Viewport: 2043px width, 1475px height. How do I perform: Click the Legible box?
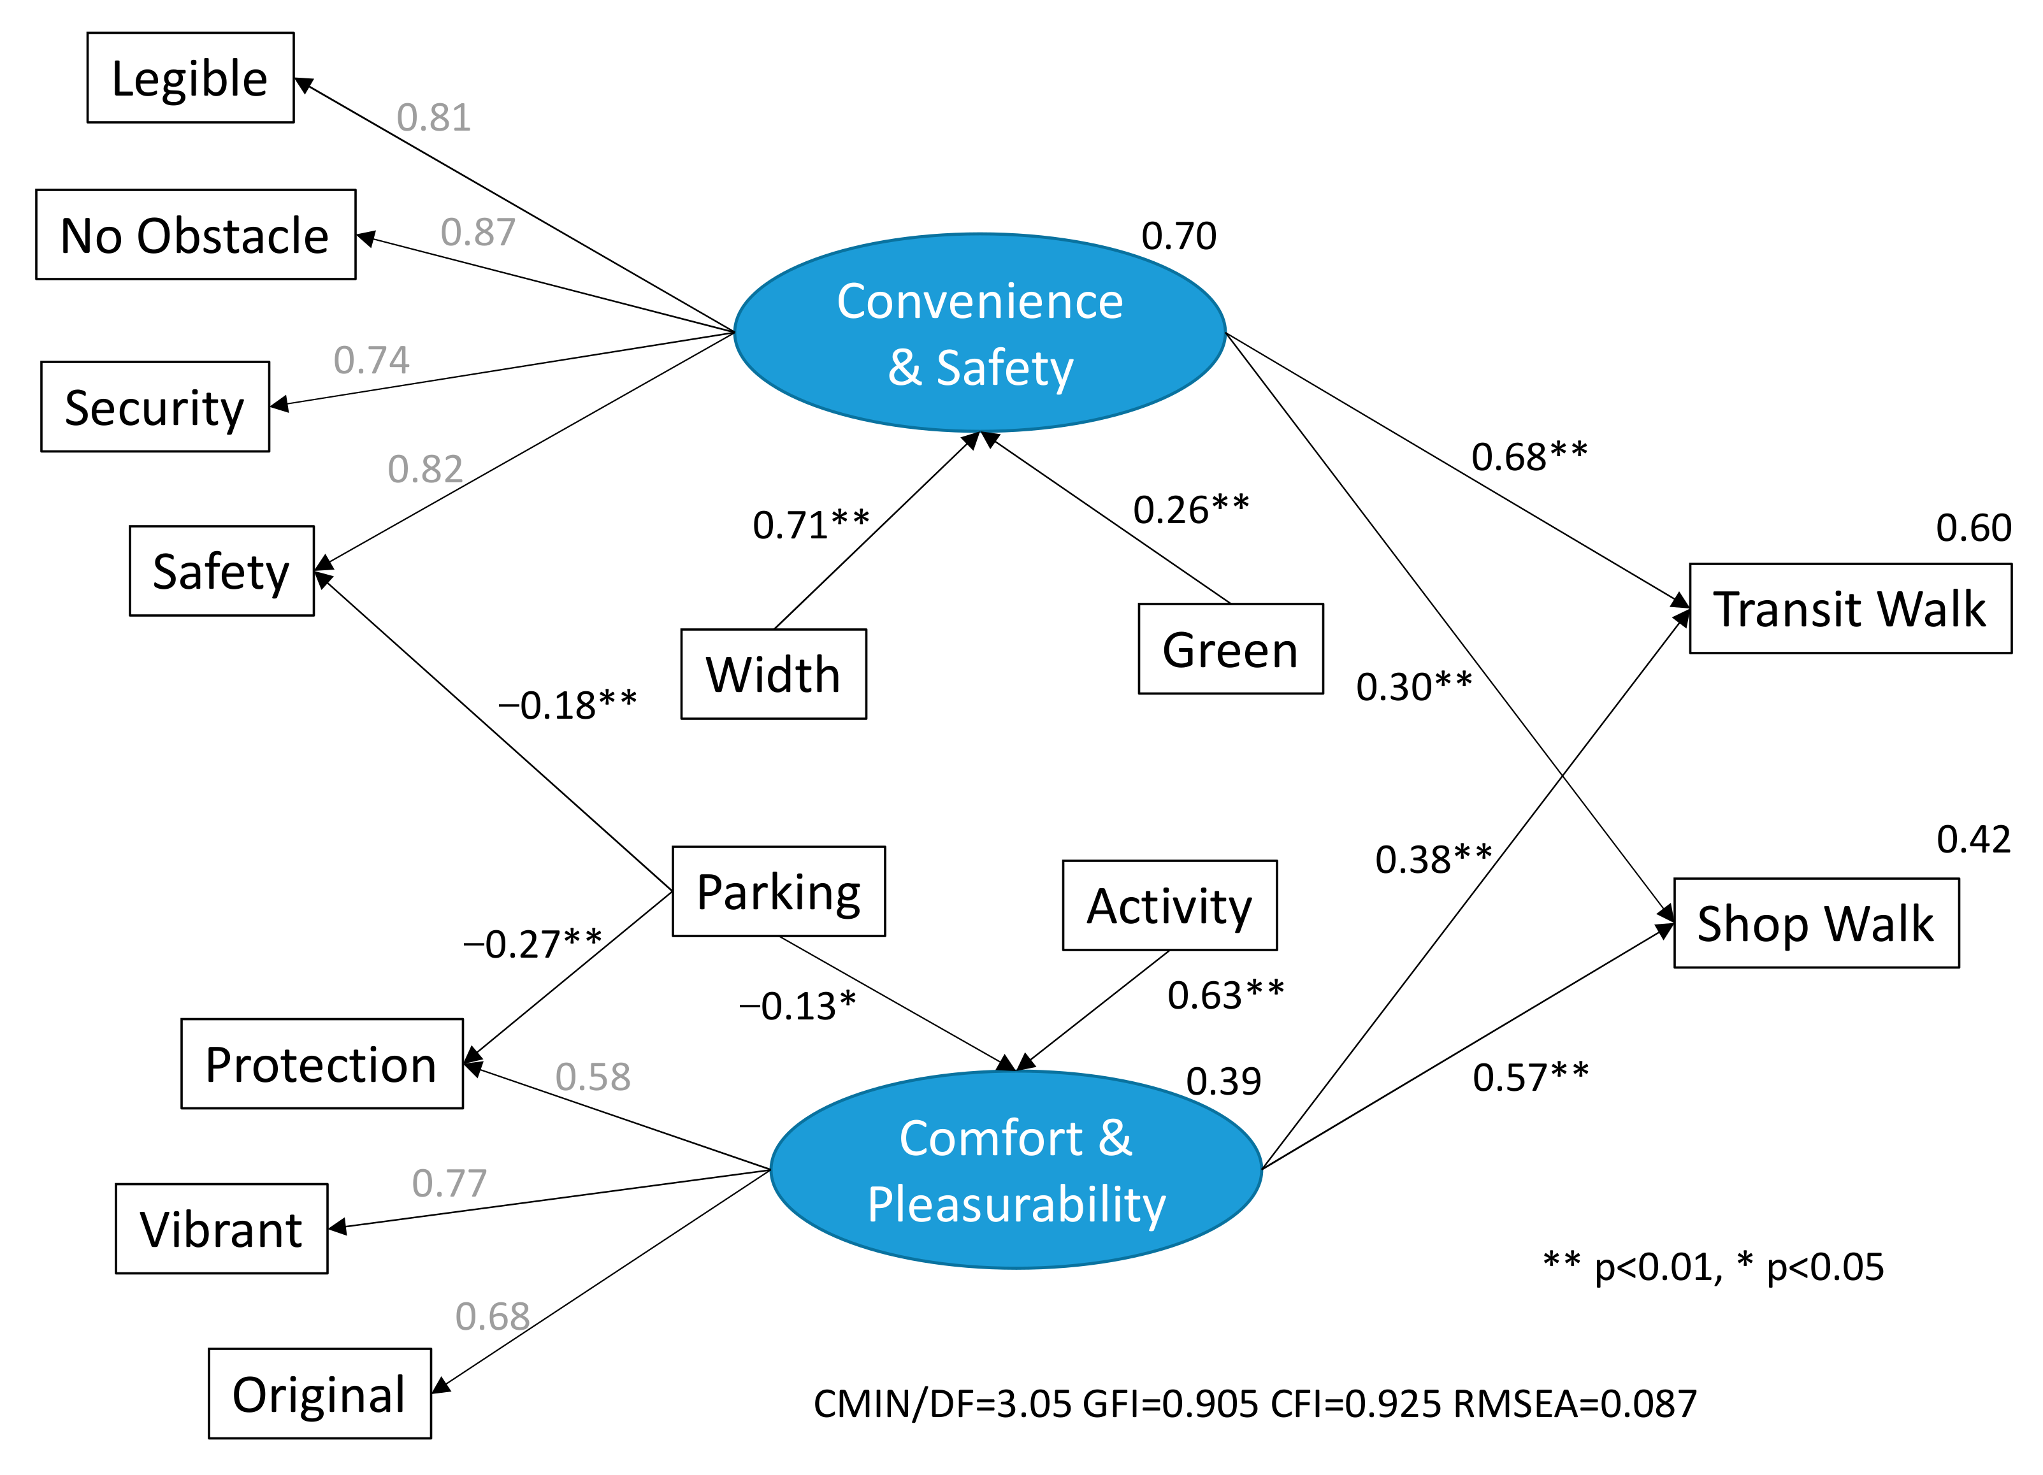coord(190,78)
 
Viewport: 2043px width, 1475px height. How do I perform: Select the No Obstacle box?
coord(196,235)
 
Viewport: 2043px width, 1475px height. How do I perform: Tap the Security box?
coord(155,407)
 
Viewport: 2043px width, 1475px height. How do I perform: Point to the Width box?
coord(773,675)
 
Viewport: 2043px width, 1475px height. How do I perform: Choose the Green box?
coord(1230,649)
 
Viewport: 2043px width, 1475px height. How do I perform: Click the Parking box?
coord(778,891)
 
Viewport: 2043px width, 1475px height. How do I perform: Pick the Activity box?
coord(1169,906)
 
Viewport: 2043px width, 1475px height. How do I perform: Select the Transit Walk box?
coord(1849,608)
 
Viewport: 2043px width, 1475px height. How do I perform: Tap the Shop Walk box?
coord(1815,923)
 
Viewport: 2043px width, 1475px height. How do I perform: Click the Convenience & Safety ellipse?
coord(979,333)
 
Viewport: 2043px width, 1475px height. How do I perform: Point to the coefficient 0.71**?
coord(811,525)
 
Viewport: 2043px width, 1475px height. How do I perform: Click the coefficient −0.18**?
coord(568,705)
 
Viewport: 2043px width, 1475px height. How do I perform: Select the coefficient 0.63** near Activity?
coord(1225,995)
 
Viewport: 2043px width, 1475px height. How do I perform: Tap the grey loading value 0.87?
coord(477,233)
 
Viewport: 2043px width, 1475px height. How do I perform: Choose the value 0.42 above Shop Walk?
coord(1973,839)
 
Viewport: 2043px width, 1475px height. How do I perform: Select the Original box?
coord(319,1394)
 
